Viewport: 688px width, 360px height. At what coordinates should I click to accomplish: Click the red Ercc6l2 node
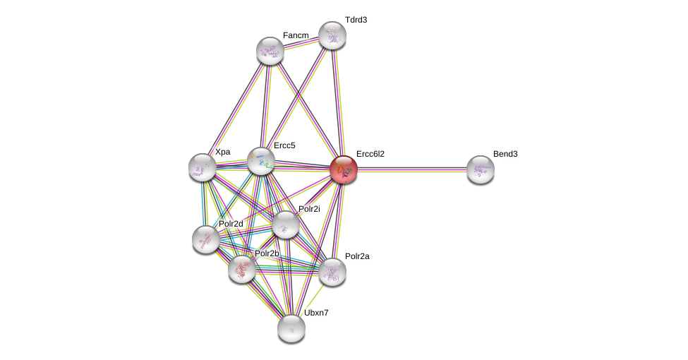pos(344,169)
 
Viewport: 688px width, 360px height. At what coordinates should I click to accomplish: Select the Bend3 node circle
pos(481,169)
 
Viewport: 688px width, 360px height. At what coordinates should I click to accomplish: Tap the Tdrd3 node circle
pos(332,35)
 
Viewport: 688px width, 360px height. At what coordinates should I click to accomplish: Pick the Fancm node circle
pos(270,50)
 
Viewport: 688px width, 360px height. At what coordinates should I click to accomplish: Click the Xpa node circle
pos(203,167)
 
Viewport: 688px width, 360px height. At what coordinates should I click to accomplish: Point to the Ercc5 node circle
pos(260,161)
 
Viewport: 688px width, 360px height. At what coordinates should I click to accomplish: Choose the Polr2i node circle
pos(286,224)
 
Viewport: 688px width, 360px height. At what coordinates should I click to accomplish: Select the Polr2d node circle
pos(206,239)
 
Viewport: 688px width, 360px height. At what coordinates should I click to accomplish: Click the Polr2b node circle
pos(242,268)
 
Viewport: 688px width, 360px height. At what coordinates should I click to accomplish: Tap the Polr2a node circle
pos(332,272)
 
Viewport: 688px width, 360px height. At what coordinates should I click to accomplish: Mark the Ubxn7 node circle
pos(291,328)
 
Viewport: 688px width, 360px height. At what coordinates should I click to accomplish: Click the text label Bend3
pos(505,154)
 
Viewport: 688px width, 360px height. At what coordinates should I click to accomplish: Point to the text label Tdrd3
pos(356,20)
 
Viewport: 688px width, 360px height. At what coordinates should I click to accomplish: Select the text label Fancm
pos(296,35)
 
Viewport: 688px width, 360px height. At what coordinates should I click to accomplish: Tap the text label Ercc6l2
pos(370,154)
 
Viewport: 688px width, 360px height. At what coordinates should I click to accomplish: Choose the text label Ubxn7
pos(316,313)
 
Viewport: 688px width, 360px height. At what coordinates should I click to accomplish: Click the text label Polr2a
pos(357,256)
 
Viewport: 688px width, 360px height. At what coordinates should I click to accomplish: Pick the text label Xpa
pos(222,152)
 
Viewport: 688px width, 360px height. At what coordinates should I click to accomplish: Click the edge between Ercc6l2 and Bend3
pos(412,169)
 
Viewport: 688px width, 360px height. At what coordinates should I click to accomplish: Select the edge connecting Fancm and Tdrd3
pos(301,42)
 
